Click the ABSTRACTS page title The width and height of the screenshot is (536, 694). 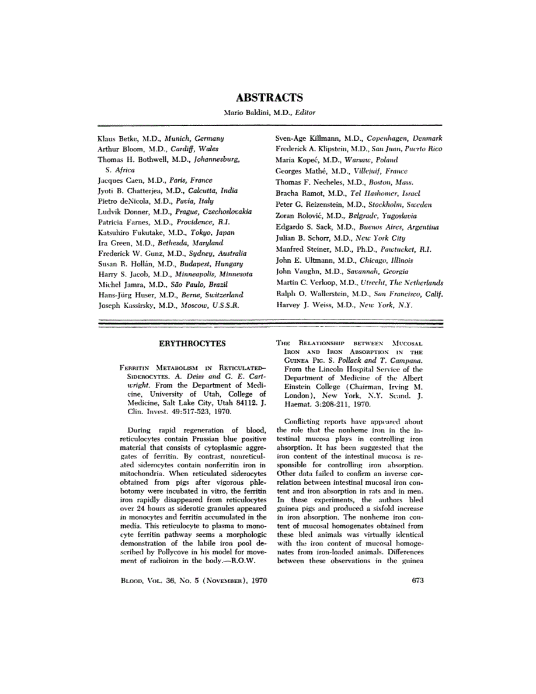[269, 98]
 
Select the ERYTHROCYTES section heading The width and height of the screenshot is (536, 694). [192, 343]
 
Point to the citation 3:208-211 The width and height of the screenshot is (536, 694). [318, 404]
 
